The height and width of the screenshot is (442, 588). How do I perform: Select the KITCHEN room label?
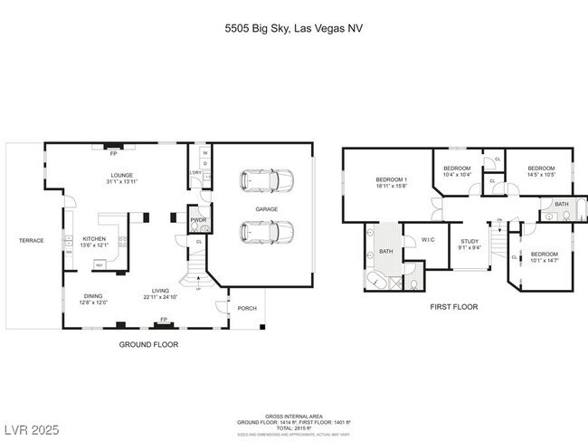pos(96,239)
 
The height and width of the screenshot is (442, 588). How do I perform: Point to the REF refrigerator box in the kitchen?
pos(99,265)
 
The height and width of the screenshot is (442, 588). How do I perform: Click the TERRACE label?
pos(32,240)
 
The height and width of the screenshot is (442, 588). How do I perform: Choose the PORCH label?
pos(246,308)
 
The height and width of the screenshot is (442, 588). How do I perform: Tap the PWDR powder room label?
pos(196,219)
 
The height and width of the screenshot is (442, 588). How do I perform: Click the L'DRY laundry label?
pos(195,172)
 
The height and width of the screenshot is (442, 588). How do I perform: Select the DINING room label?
pos(94,297)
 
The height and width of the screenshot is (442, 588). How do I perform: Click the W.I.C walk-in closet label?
pos(430,239)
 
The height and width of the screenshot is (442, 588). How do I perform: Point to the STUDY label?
pos(469,240)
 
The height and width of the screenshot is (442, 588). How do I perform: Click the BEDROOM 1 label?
pos(392,179)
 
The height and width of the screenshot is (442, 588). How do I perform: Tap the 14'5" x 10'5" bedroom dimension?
pos(541,174)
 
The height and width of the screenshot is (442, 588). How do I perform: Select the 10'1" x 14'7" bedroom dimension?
pos(545,260)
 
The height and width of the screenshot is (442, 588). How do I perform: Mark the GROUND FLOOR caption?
pos(149,344)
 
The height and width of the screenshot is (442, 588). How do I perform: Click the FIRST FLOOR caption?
pos(453,307)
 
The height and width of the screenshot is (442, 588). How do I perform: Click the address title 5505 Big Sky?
pos(294,28)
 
